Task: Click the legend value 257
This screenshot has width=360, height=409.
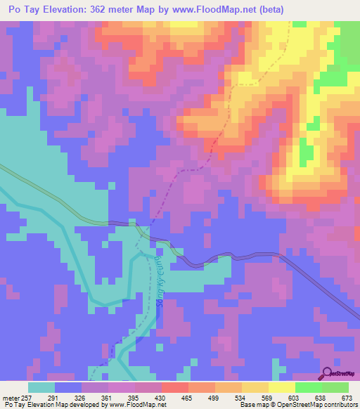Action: (27, 397)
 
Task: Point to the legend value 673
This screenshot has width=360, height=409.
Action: (347, 397)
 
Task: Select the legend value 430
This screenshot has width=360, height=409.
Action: (161, 397)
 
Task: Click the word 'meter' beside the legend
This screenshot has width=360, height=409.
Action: (9, 397)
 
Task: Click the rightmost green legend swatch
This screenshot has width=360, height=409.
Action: (335, 387)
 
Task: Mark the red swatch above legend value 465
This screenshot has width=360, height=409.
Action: (174, 387)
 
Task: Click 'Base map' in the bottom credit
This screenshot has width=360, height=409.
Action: (252, 405)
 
